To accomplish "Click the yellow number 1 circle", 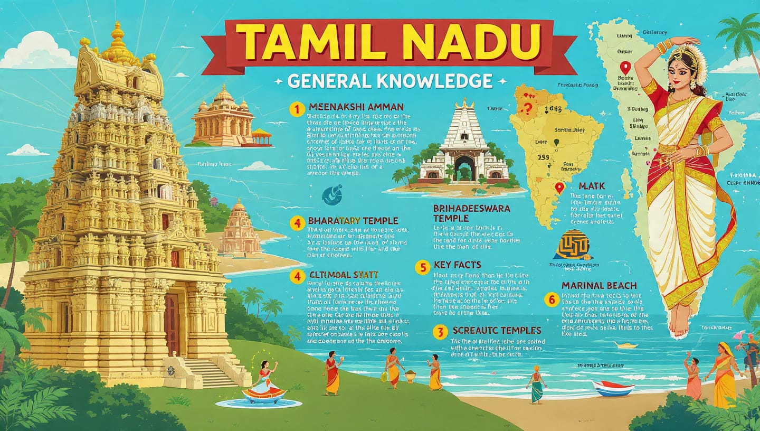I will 298,109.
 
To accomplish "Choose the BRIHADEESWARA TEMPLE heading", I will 471,213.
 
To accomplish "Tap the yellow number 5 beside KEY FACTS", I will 422,267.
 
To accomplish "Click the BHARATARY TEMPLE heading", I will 353,221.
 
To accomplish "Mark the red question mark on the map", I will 525,109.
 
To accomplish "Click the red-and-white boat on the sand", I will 613,388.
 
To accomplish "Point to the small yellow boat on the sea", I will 626,345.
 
